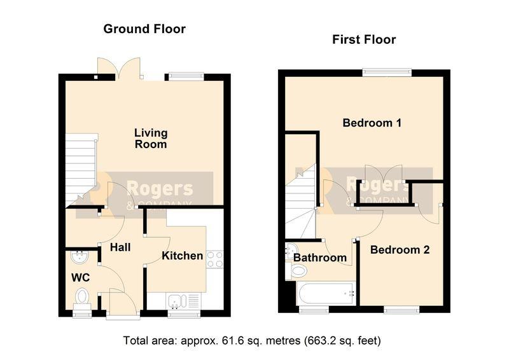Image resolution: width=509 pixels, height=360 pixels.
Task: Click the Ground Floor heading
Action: (144, 29)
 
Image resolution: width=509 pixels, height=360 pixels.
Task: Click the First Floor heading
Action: (364, 39)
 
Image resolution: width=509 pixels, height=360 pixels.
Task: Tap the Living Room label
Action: (151, 138)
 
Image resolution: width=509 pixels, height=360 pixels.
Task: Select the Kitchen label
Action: (183, 256)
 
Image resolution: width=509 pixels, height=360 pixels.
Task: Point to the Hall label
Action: (120, 247)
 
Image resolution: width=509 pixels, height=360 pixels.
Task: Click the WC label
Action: (81, 278)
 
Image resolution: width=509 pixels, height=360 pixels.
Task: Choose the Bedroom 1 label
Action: (372, 123)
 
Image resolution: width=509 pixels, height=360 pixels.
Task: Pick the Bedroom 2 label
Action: (400, 250)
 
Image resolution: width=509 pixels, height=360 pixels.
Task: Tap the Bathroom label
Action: (320, 258)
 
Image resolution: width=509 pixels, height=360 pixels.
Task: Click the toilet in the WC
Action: (82, 299)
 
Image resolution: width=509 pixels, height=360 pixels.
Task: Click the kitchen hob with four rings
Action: (215, 260)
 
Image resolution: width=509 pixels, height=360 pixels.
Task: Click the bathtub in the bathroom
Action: (326, 293)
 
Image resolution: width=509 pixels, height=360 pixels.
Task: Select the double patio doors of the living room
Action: (120, 69)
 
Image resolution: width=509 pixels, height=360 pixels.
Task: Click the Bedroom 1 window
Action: (387, 73)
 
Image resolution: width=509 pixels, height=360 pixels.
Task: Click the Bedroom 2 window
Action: (401, 310)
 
